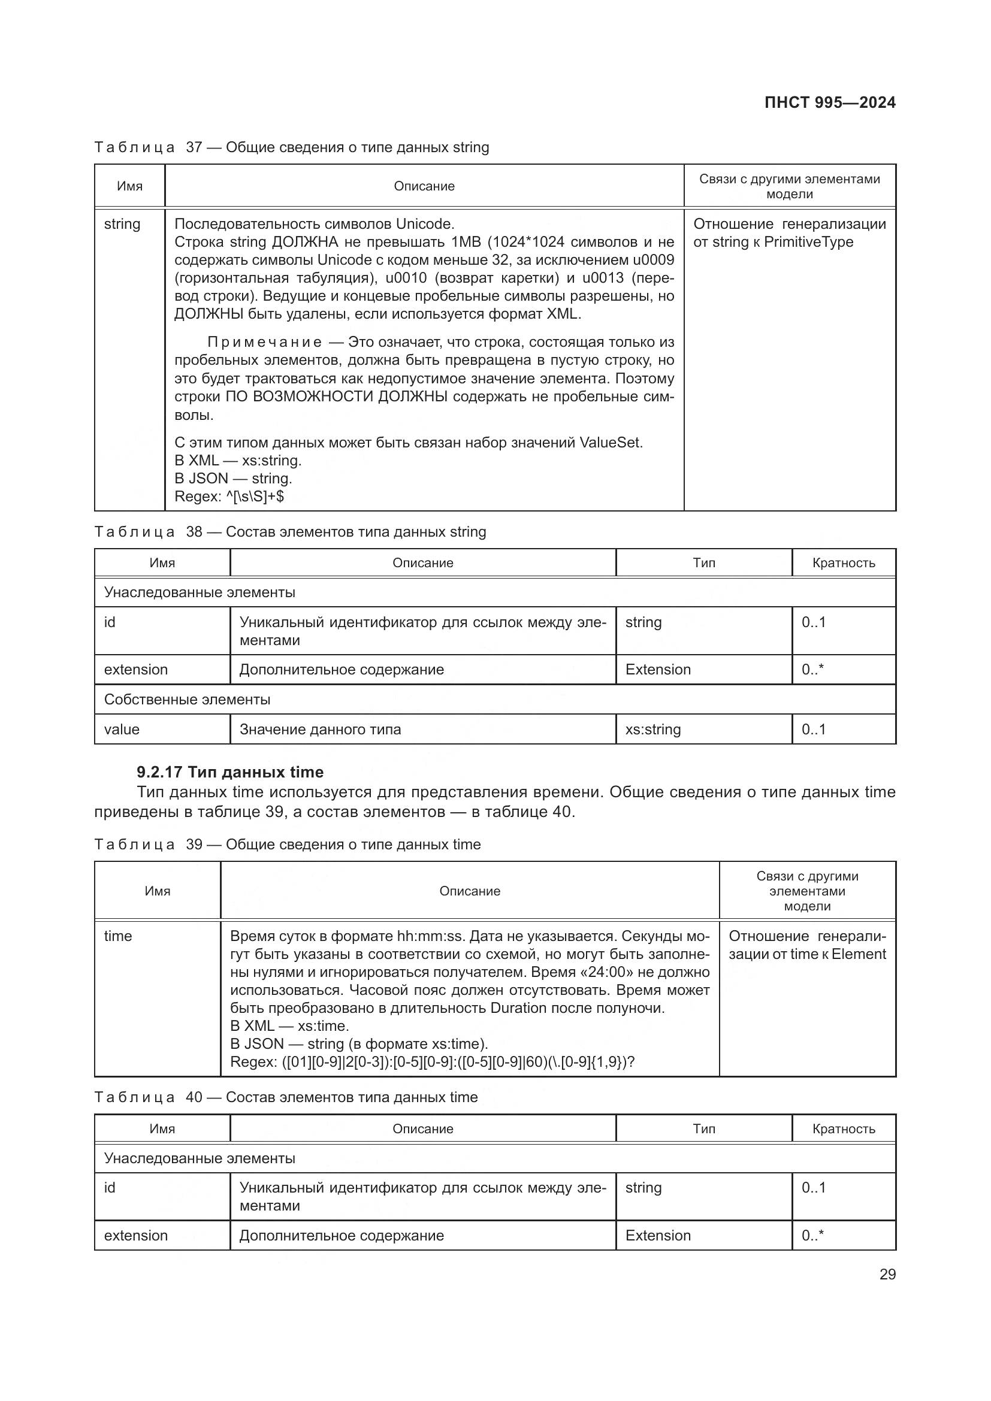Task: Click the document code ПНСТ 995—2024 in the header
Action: pos(829,102)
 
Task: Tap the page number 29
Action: pos(887,1274)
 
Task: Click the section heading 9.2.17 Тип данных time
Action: pos(230,772)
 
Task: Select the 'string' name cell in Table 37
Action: pos(122,224)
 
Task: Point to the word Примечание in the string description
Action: pos(264,343)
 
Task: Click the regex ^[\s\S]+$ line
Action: pos(229,496)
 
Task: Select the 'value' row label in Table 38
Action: pos(122,729)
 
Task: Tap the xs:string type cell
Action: pos(653,729)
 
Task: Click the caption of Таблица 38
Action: pos(290,532)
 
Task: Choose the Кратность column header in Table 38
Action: pos(844,562)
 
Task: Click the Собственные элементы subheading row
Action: pos(188,699)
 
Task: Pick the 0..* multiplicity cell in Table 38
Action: pos(812,670)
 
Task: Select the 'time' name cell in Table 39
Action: pos(118,936)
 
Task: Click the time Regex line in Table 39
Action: pos(432,1062)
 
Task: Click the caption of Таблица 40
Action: pos(286,1097)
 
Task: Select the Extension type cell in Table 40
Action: pos(658,1235)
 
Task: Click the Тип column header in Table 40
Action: pos(703,1129)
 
